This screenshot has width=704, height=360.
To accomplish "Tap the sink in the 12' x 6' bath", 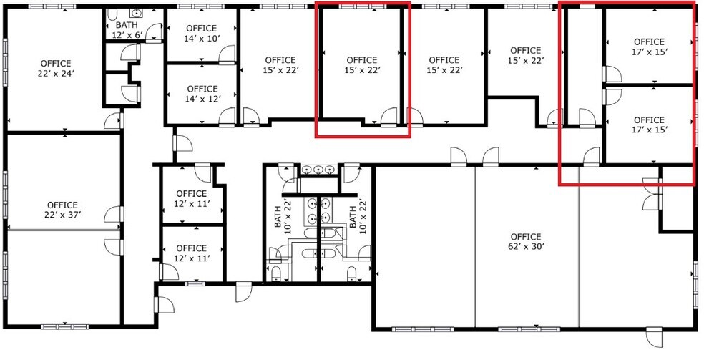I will (135, 13).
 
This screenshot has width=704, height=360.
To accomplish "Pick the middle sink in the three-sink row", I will (318, 170).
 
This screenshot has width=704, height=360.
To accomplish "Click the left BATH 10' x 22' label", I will (283, 214).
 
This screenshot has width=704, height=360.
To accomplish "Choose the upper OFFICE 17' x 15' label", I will (649, 47).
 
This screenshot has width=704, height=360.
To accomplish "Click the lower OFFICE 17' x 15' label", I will (649, 125).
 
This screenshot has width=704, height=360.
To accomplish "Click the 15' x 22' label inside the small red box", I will (361, 65).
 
